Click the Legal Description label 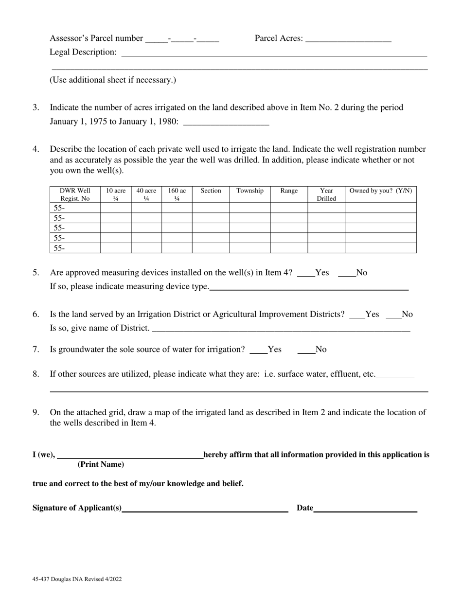click(83, 52)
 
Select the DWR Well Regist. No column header click(75, 194)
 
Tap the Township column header click(250, 191)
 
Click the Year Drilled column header click(326, 194)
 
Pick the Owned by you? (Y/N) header click(380, 191)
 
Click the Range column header click(289, 191)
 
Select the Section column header click(211, 191)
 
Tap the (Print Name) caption click(101, 464)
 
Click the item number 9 click(36, 412)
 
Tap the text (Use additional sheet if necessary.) click(113, 80)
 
